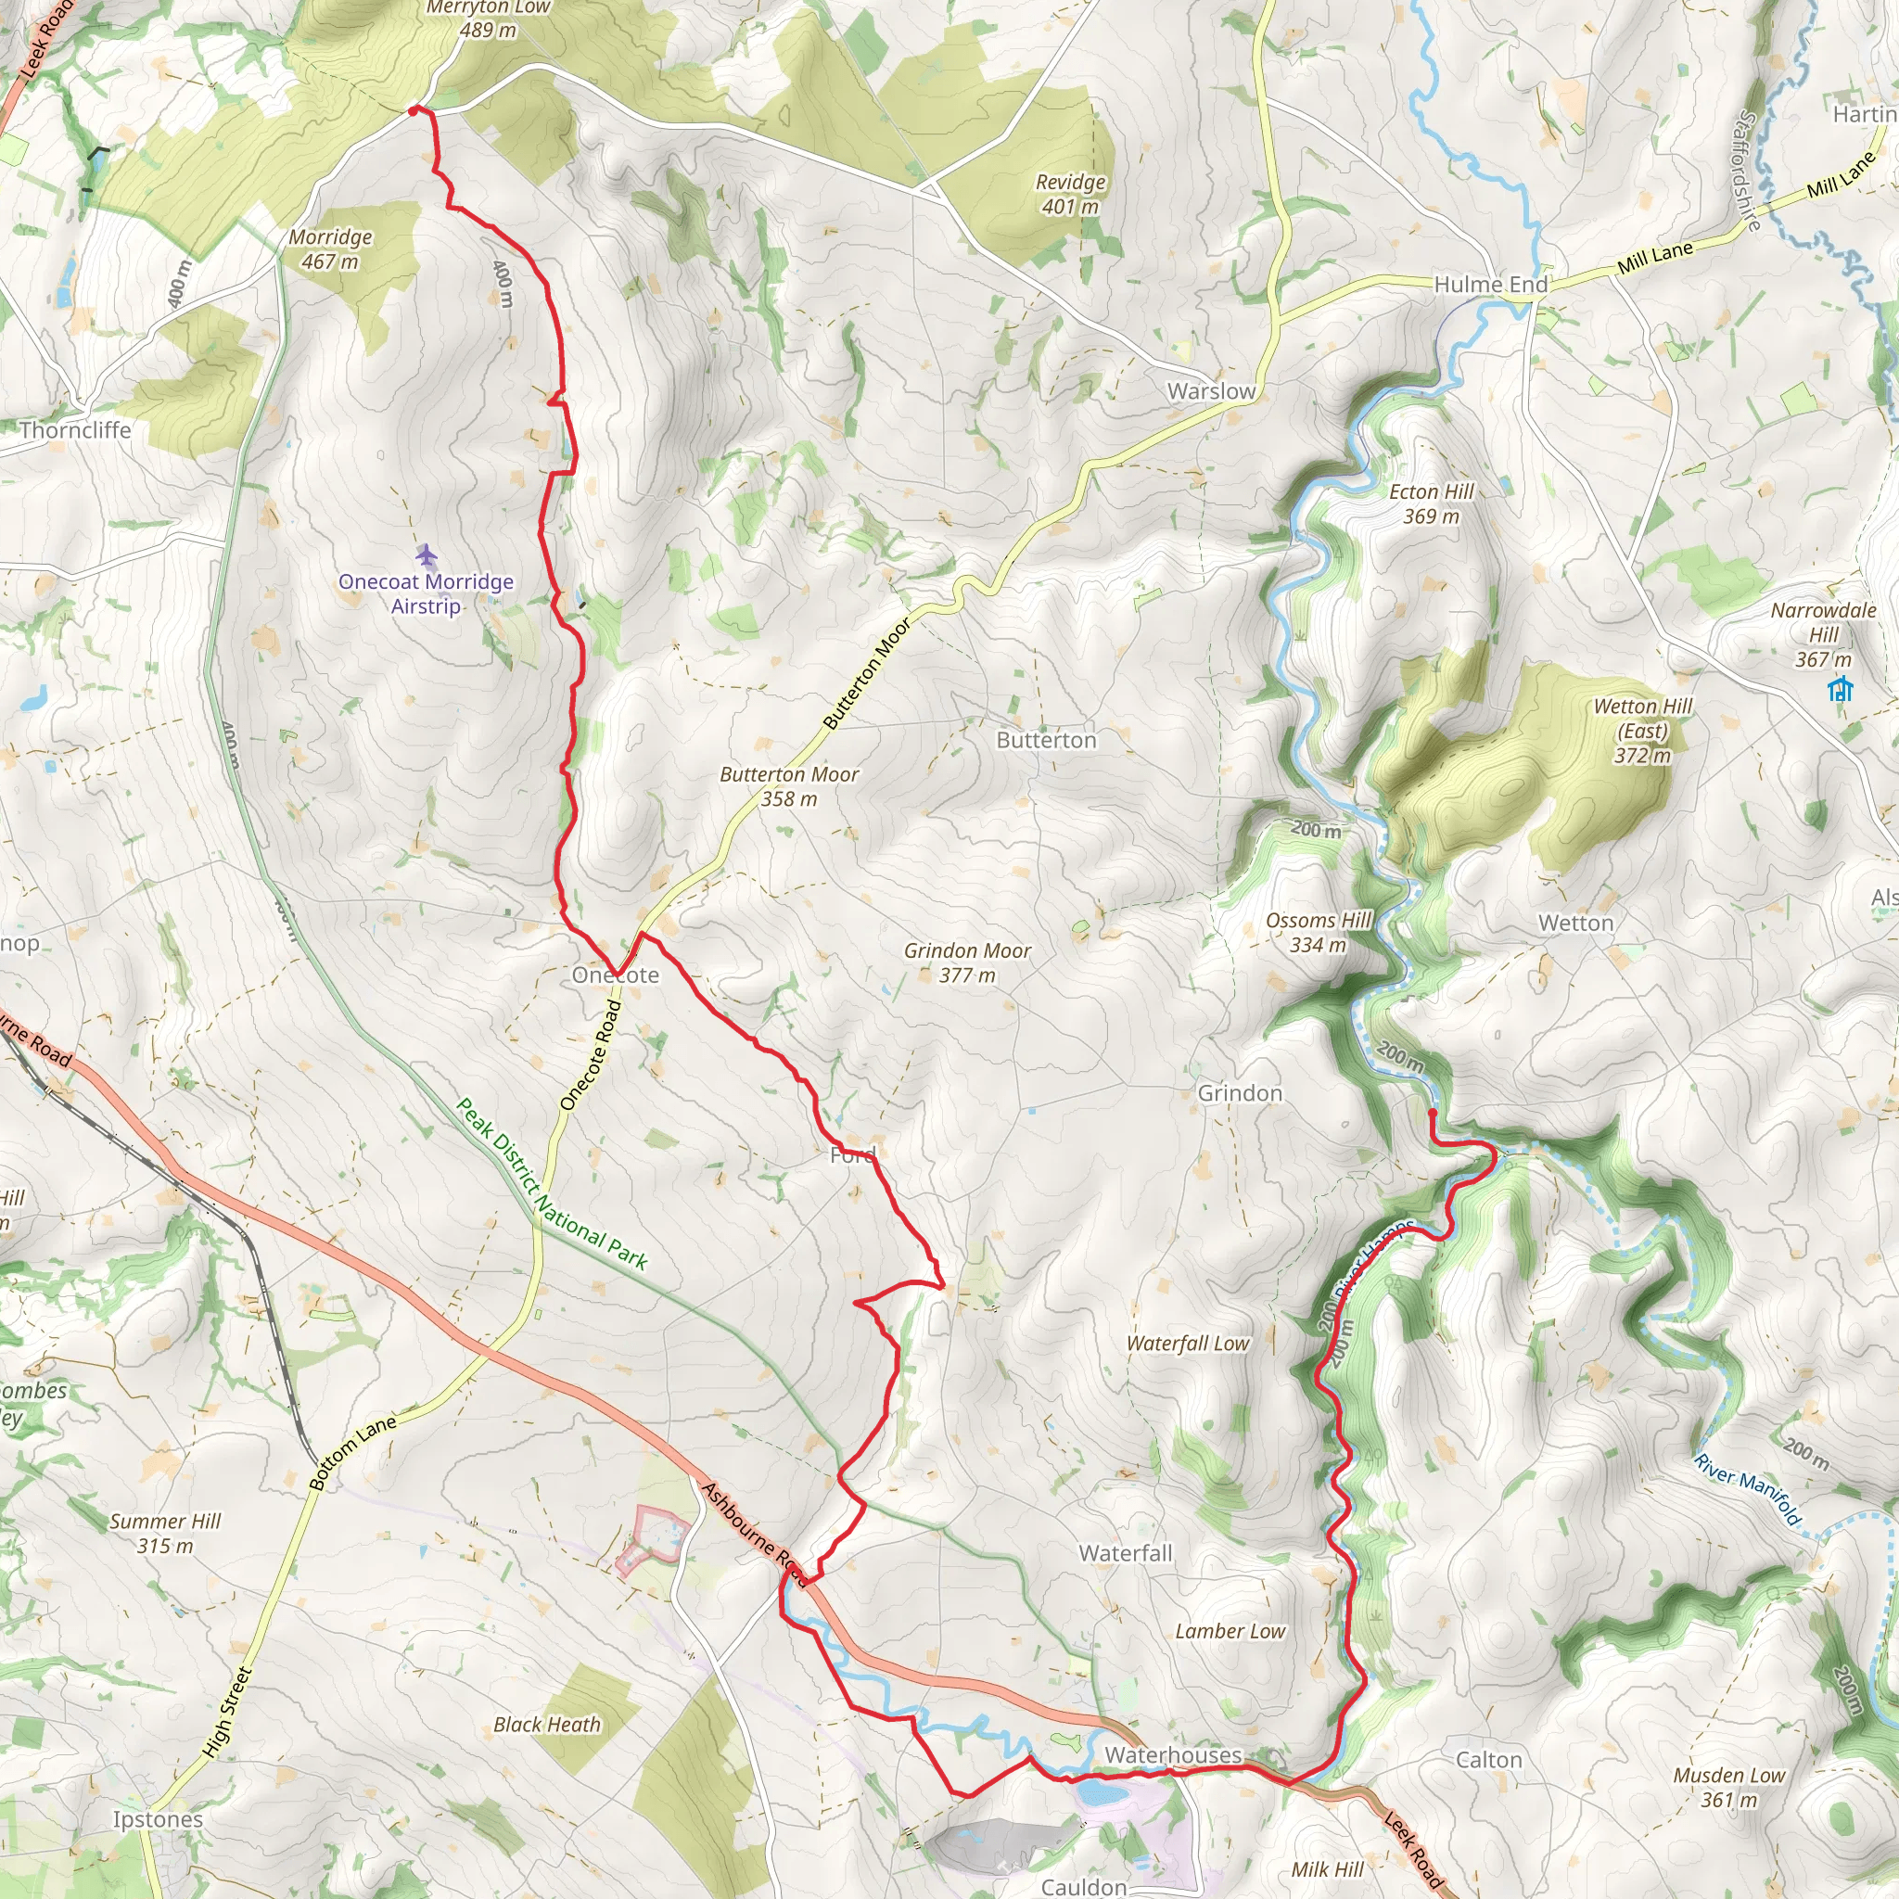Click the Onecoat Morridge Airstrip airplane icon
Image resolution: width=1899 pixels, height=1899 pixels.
(x=426, y=556)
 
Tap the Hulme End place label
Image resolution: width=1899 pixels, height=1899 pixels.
(x=1490, y=285)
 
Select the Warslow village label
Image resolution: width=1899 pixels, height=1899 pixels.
(x=1211, y=391)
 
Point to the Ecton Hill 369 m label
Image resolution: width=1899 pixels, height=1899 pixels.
(x=1431, y=504)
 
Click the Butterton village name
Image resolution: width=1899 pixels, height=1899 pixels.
(x=1046, y=740)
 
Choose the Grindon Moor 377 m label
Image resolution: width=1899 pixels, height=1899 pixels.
(x=967, y=962)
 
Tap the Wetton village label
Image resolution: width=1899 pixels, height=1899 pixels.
(x=1575, y=923)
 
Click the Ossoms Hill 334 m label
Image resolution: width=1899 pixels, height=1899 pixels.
(x=1319, y=933)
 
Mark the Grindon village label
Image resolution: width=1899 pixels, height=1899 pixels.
(x=1240, y=1093)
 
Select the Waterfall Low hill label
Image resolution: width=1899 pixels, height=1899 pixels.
(x=1188, y=1344)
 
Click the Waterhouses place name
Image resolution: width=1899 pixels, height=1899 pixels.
(x=1173, y=1754)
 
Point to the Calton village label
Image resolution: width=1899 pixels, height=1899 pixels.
(x=1488, y=1759)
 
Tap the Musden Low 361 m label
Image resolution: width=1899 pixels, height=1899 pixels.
(x=1729, y=1787)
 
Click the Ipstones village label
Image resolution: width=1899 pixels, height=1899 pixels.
(x=158, y=1819)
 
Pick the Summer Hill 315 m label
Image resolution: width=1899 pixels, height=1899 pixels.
(x=165, y=1534)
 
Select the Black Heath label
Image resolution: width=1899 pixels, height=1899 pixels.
(x=546, y=1725)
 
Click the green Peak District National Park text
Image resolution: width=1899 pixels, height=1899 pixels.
(x=553, y=1184)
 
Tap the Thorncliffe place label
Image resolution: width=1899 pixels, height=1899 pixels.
(x=75, y=429)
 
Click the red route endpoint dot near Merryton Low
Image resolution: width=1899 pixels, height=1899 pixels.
(x=414, y=110)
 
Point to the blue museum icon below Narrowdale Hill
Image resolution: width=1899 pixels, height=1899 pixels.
(x=1840, y=689)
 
